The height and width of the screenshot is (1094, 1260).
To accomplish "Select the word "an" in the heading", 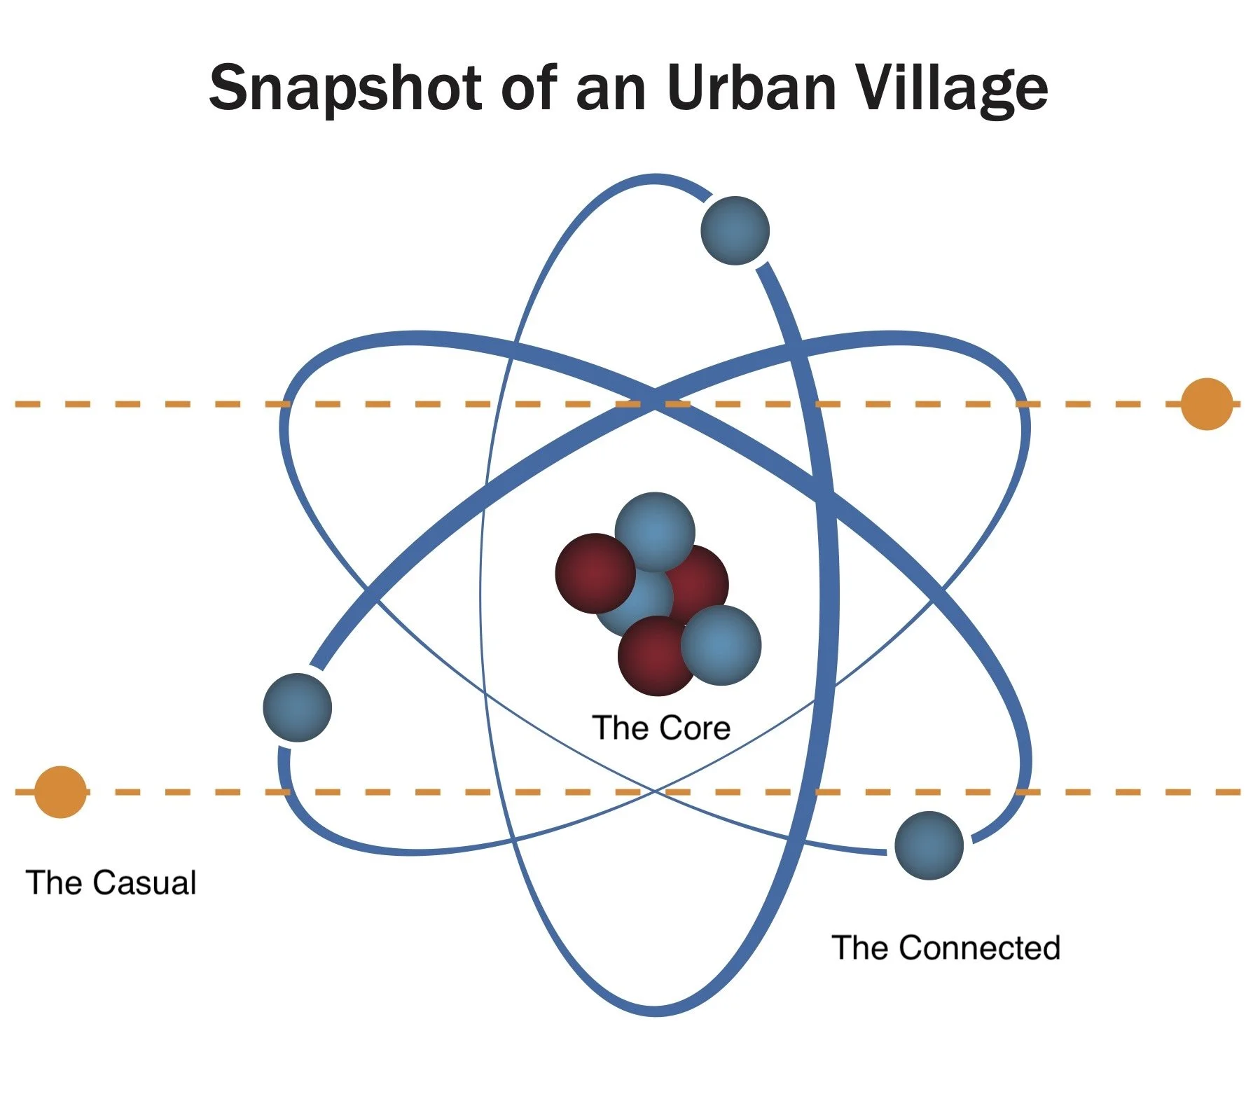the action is (611, 90).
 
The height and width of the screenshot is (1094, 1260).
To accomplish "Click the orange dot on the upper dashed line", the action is (1206, 404).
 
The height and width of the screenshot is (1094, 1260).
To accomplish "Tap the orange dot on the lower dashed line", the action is (61, 792).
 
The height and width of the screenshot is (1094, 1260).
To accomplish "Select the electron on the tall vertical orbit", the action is (735, 231).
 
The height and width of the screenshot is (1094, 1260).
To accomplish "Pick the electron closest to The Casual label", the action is (297, 707).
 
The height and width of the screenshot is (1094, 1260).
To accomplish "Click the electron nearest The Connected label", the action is (929, 845).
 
